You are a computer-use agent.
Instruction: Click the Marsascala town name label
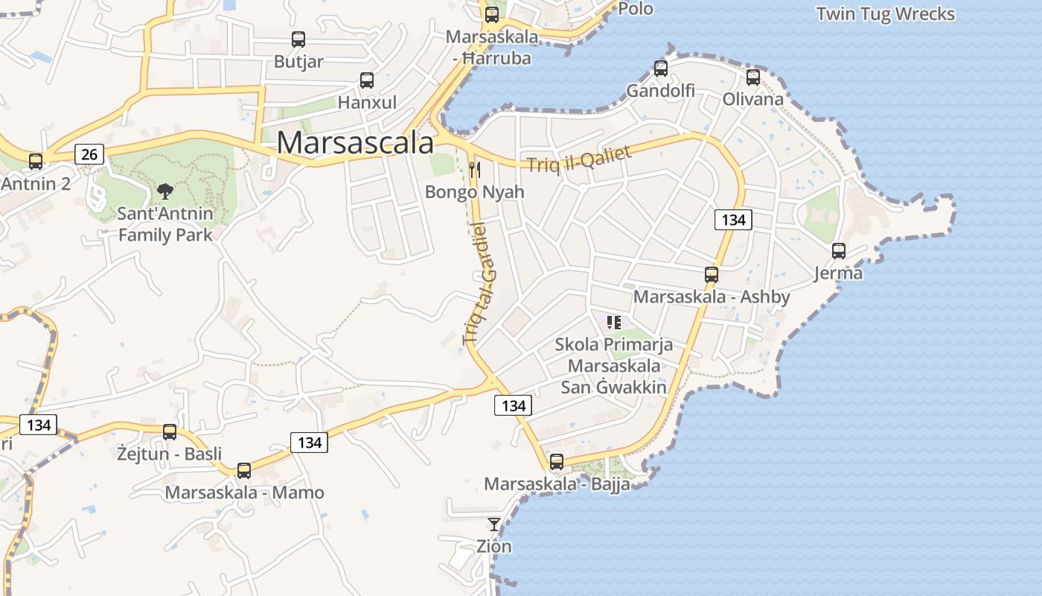[355, 143]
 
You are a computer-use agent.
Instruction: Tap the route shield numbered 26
[89, 154]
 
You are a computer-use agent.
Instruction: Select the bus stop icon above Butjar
[298, 39]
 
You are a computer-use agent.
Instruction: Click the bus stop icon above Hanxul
[367, 80]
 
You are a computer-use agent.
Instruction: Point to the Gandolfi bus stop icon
[661, 69]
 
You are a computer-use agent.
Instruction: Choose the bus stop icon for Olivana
[753, 77]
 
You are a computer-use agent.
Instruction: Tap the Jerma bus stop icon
[839, 251]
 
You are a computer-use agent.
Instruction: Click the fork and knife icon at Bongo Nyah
[475, 170]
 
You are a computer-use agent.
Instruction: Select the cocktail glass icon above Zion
[494, 524]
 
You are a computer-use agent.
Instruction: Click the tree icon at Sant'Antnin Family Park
[165, 191]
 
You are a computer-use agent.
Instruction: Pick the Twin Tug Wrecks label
[885, 14]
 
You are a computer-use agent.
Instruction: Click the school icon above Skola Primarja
[614, 323]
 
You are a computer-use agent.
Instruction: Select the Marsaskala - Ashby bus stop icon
[712, 274]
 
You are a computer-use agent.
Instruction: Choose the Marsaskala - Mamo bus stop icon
[244, 471]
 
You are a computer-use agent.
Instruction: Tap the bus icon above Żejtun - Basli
[170, 432]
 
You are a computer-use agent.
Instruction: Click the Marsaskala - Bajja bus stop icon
[557, 462]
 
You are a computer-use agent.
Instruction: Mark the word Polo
[636, 9]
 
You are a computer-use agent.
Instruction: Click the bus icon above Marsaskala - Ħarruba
[492, 15]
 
